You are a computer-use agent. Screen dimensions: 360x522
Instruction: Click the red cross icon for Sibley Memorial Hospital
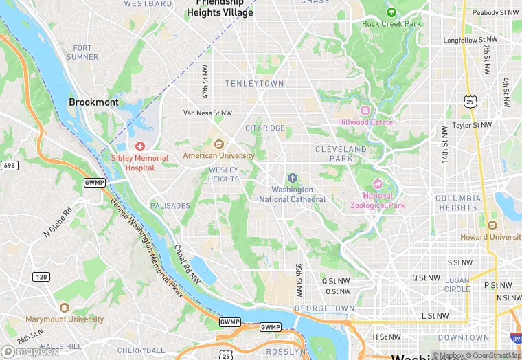pos(140,146)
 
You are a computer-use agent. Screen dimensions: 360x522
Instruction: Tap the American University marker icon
pos(218,144)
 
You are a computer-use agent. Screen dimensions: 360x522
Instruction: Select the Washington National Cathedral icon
pos(292,178)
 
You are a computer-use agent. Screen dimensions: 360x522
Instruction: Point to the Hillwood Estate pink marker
pos(365,111)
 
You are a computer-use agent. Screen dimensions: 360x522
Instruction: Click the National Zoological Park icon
pos(377,184)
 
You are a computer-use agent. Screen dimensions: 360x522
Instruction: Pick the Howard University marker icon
pos(492,225)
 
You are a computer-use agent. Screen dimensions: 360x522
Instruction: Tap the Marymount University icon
pos(65,308)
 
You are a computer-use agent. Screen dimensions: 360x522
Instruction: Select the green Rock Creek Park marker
pos(391,12)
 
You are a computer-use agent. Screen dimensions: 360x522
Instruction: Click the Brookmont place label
pos(93,102)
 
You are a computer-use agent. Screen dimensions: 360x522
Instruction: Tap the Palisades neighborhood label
pos(170,206)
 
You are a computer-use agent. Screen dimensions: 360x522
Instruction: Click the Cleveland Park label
pos(341,154)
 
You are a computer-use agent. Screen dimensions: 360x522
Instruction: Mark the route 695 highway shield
pos(10,166)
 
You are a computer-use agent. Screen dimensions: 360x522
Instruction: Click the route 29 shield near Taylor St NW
pos(469,101)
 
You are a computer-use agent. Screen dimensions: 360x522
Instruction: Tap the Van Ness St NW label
pos(207,113)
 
